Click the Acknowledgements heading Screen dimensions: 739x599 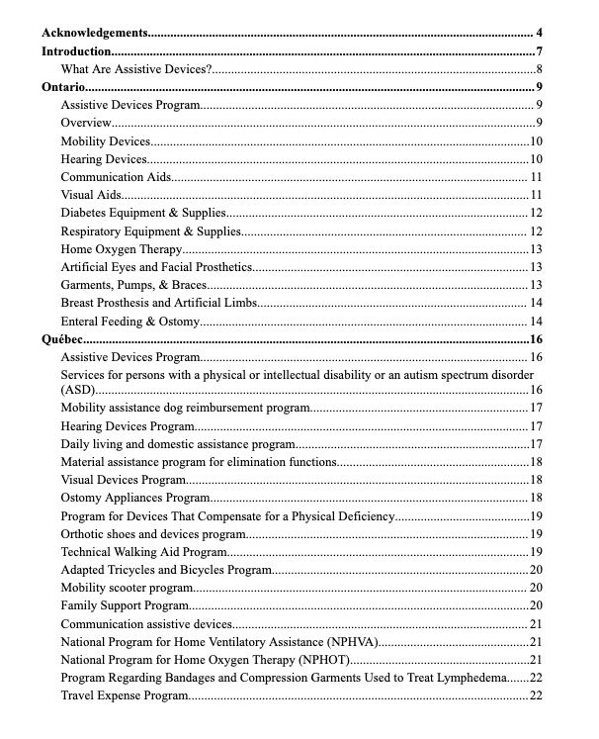point(95,34)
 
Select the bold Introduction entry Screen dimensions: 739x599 point(75,51)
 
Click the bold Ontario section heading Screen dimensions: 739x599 point(62,87)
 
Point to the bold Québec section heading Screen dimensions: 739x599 point(62,339)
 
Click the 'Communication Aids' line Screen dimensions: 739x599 point(116,177)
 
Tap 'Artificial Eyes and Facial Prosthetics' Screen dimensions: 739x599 point(157,267)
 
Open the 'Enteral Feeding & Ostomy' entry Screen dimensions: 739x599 point(130,322)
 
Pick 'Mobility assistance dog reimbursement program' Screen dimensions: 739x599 point(186,408)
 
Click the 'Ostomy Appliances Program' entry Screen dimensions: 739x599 point(135,498)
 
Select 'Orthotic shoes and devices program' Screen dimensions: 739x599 point(153,534)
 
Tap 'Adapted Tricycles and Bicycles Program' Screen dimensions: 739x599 point(166,570)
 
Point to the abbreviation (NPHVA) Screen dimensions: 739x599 point(347,642)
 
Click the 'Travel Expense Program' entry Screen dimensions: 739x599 point(125,695)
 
